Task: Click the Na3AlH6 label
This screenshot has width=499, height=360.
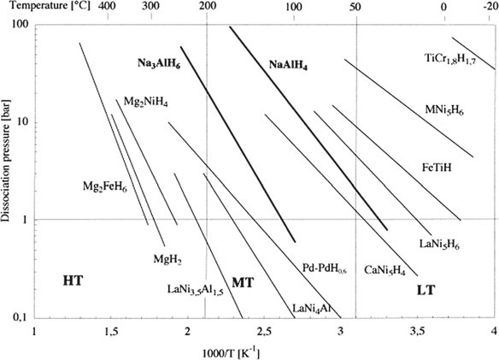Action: (159, 64)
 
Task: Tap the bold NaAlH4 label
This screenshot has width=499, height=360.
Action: (288, 65)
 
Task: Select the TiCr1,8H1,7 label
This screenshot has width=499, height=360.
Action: (450, 59)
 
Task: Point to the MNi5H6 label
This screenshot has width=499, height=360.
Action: (444, 110)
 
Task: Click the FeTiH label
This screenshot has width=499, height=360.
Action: (437, 168)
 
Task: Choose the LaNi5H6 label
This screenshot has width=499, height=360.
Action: (439, 245)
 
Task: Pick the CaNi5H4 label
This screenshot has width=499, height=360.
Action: (385, 270)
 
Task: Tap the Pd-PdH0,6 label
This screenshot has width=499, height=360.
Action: (325, 269)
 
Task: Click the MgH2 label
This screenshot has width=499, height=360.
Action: (167, 259)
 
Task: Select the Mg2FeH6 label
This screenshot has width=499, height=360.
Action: (105, 186)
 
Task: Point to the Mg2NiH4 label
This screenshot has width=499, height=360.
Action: (146, 102)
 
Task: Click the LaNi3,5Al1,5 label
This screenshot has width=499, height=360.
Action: (196, 290)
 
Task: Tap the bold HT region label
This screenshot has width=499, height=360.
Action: (73, 281)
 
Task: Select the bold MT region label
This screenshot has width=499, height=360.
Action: (244, 282)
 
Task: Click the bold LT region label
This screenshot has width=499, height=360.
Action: (426, 290)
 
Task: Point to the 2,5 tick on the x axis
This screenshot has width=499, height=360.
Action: (264, 331)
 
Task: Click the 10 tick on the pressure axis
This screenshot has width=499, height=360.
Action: (24, 122)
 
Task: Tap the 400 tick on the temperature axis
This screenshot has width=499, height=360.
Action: (108, 6)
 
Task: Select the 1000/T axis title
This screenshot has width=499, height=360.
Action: (231, 354)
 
